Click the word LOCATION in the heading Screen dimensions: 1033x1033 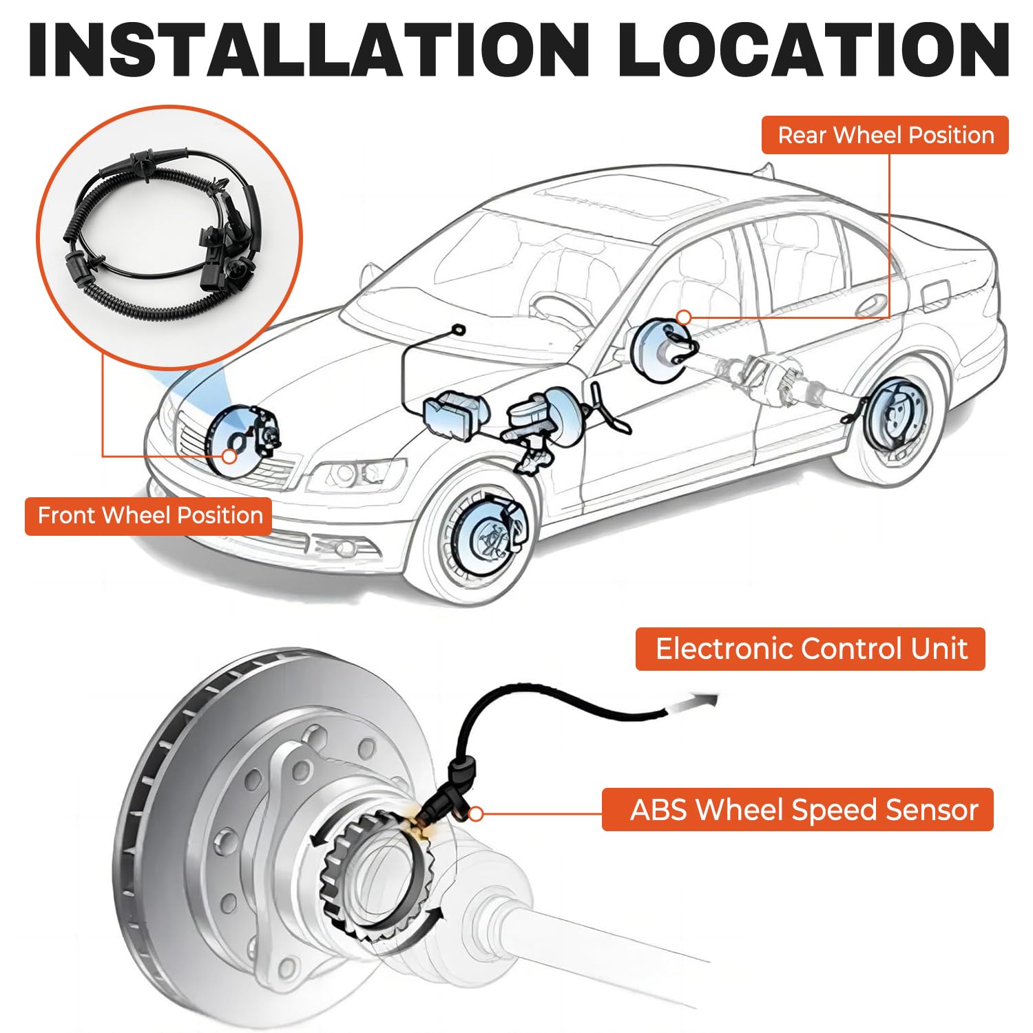click(813, 50)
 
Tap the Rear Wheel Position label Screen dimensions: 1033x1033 click(885, 135)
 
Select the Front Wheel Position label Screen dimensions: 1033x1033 click(149, 516)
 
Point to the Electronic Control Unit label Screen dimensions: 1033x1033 click(811, 649)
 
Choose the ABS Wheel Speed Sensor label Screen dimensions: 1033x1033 click(798, 810)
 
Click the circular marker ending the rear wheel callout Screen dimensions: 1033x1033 click(684, 317)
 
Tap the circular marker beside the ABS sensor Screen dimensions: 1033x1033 click(475, 814)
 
